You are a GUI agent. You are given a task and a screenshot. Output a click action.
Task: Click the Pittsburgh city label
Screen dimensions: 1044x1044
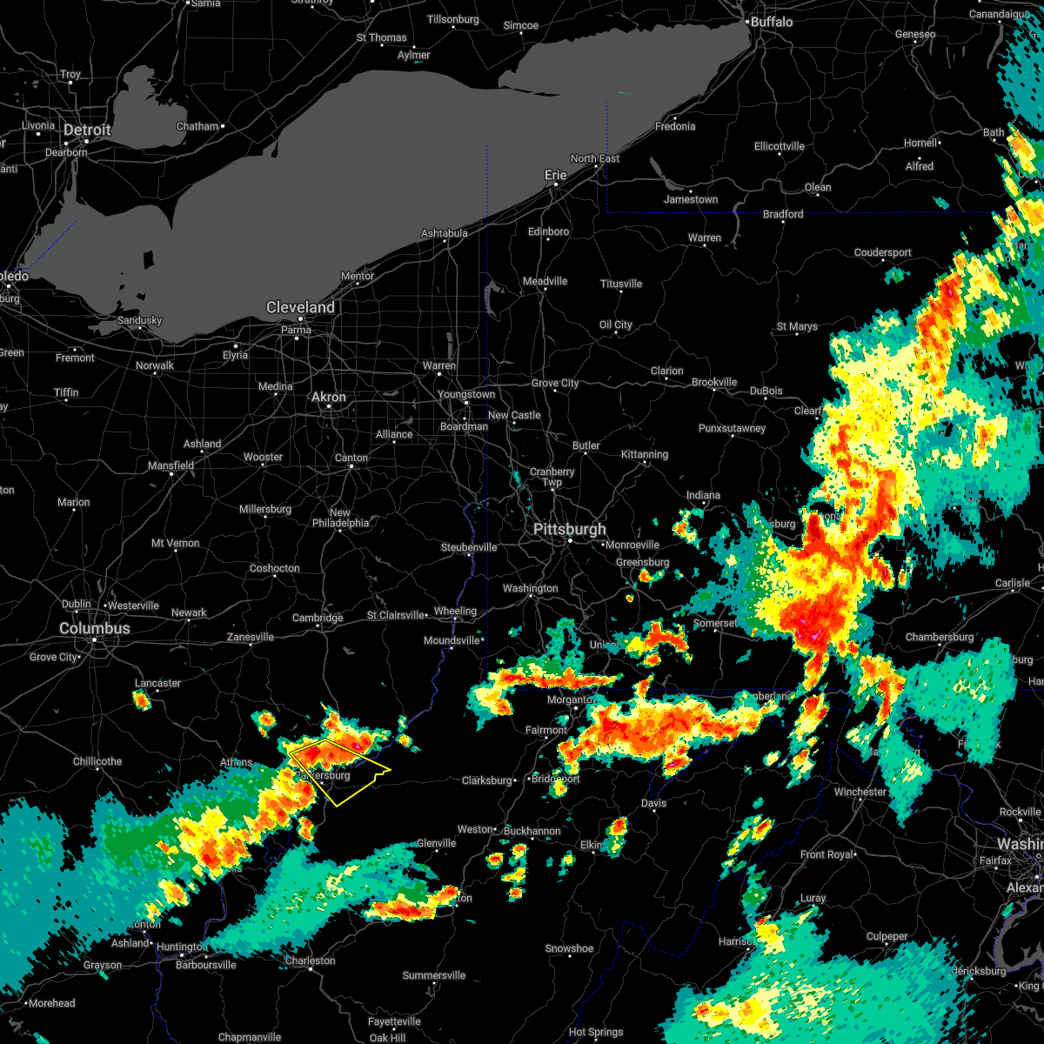tap(570, 530)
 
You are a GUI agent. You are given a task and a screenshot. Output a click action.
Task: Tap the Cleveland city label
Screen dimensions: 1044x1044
tap(300, 308)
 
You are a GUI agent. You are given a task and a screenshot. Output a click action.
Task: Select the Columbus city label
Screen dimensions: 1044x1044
tap(95, 628)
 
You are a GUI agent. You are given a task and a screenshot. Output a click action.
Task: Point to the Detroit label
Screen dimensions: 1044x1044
tap(87, 130)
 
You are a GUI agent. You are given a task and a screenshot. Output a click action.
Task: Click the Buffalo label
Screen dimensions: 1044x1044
tap(772, 22)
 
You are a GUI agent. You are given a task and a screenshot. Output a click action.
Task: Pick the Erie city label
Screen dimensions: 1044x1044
tap(555, 175)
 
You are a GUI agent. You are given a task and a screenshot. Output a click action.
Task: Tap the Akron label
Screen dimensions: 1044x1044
tap(329, 397)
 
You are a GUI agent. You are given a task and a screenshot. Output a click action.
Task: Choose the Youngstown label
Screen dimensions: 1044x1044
tap(466, 394)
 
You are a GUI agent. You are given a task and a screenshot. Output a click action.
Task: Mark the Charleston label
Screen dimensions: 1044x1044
tap(310, 960)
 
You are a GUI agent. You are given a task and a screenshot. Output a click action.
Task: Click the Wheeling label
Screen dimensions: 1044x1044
tap(455, 611)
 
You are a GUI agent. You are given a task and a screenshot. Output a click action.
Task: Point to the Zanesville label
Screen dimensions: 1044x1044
tap(251, 637)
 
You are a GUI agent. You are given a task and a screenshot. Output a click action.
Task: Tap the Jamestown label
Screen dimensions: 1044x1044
tap(691, 199)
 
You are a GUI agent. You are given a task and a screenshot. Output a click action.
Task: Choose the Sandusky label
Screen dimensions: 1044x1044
tap(139, 320)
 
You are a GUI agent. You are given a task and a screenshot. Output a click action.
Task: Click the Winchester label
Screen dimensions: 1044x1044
tap(860, 792)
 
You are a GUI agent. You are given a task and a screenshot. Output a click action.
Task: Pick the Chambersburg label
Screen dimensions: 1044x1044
tap(940, 637)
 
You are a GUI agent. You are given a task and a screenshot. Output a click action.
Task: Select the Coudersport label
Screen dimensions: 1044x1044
tap(882, 252)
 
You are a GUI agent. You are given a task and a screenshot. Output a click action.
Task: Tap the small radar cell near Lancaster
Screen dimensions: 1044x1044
tap(141, 699)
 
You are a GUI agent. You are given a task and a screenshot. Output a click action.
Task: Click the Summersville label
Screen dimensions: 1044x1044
tap(434, 975)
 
